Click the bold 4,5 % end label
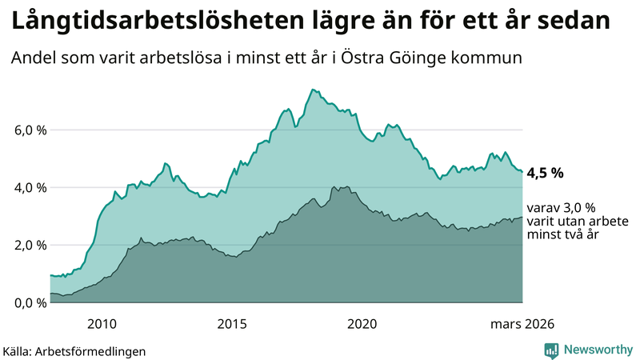point(546,172)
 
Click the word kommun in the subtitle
point(493,58)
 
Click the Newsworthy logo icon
point(551,350)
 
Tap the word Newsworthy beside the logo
point(597,350)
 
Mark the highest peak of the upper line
point(311,90)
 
